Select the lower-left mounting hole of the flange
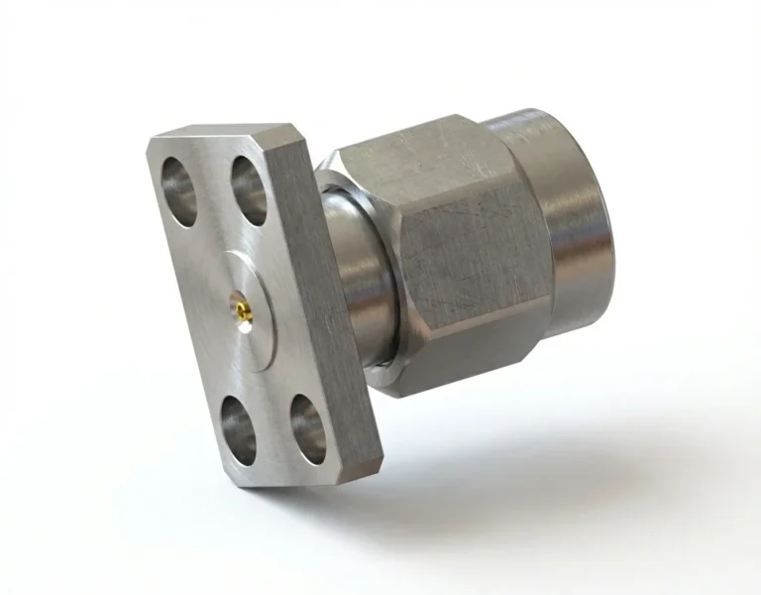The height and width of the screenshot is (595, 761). (x=239, y=420)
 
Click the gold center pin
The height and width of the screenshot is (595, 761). (x=243, y=313)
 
